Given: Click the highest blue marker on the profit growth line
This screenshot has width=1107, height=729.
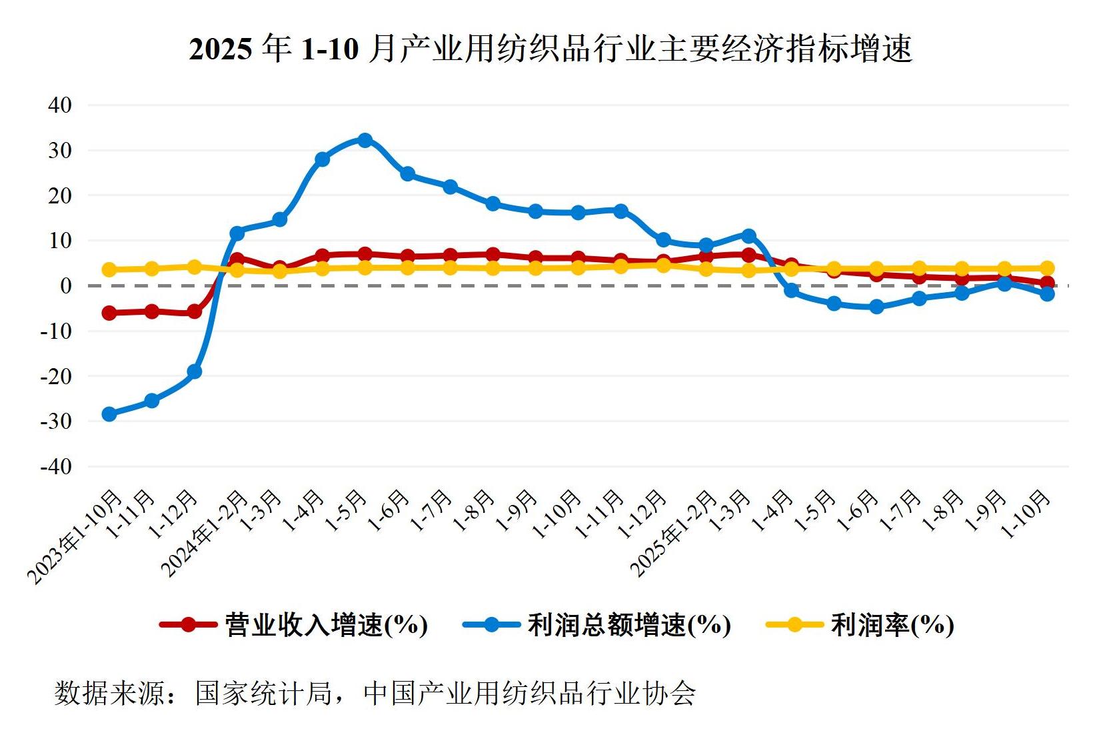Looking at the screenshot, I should coord(365,140).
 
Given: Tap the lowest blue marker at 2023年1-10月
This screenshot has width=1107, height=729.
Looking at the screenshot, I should coord(109,414).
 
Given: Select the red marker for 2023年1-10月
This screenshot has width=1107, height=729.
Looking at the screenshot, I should coord(109,313).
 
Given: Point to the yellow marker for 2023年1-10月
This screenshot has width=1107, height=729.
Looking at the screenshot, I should coord(109,269).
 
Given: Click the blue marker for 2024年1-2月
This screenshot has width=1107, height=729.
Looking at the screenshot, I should coord(237,233).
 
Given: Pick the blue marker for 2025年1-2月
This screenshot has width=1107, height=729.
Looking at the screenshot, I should coord(706,245).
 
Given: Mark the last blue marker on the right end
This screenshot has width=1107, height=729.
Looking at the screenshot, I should coord(1046,293).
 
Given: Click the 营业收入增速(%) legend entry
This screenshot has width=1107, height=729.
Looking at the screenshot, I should coord(294,625).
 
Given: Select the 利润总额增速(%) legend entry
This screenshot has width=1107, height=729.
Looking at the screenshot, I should coord(597,625).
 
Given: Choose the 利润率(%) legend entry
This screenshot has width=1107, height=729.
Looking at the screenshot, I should coord(860,625).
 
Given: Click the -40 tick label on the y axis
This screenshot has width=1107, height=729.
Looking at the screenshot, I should coord(57,466).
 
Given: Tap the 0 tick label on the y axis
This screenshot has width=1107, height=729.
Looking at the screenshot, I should coord(65,285).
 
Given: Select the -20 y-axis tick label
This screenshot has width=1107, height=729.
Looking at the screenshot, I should coord(57,376).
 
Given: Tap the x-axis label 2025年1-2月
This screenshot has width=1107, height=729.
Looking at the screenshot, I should coord(674,534).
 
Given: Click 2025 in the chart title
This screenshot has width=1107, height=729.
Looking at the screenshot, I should coord(221,49).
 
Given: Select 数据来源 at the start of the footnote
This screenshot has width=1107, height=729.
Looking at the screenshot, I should coord(110,694).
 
